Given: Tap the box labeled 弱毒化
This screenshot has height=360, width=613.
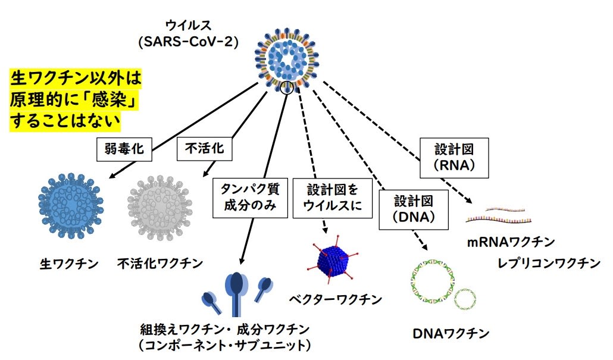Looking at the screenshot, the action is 124,149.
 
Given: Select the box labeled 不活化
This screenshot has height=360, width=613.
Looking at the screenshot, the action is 205,149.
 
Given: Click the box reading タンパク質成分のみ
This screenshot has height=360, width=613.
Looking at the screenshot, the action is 250,198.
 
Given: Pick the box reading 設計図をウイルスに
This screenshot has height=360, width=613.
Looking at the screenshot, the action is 333,198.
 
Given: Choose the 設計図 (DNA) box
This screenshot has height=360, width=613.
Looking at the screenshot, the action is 414,209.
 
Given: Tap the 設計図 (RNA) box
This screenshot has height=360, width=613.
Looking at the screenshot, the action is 454,158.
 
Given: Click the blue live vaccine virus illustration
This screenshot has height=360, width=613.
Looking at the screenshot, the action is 71,206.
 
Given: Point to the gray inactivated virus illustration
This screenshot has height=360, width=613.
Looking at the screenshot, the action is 160,206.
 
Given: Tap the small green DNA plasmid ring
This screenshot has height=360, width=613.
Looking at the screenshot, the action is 465,300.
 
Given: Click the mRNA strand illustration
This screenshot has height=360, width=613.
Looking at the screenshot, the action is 499,215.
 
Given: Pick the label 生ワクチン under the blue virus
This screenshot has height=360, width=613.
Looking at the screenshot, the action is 69,264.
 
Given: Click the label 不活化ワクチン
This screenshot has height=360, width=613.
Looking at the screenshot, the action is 160,264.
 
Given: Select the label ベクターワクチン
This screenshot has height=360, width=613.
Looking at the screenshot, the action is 336,299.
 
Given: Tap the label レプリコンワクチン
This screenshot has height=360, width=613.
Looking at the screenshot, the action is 549,263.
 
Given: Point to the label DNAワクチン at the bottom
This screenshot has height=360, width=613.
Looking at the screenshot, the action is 451,333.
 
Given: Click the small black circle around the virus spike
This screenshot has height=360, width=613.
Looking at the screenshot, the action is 287,88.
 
